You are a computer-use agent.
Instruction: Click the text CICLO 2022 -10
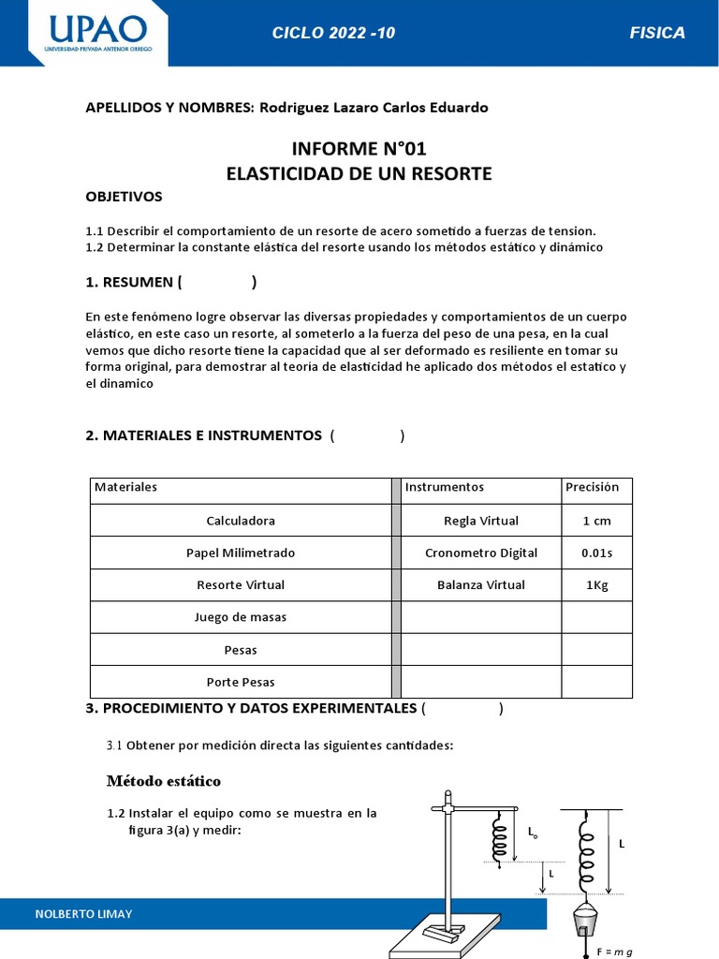tap(333, 33)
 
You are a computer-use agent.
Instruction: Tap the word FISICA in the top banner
tap(657, 33)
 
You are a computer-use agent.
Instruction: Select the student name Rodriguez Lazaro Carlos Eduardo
tap(374, 108)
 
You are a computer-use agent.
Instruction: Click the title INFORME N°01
tap(359, 149)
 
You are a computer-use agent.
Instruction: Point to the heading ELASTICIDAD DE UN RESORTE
tap(359, 173)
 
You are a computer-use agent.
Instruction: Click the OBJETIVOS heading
tap(124, 197)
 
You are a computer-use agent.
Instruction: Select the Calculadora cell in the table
tap(241, 521)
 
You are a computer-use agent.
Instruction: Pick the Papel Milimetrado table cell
tap(241, 553)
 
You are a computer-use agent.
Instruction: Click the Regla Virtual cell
tap(481, 521)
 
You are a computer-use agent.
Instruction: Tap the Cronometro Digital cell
tap(481, 553)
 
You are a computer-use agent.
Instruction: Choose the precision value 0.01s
tap(596, 553)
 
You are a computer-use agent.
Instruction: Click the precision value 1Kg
tap(596, 584)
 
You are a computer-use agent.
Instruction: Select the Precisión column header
tap(593, 487)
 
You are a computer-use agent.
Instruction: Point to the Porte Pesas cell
tap(241, 682)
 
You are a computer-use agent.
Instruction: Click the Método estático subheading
tap(164, 781)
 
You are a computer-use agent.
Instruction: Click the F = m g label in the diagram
tap(614, 952)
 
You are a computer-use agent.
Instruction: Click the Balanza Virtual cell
tap(481, 584)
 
